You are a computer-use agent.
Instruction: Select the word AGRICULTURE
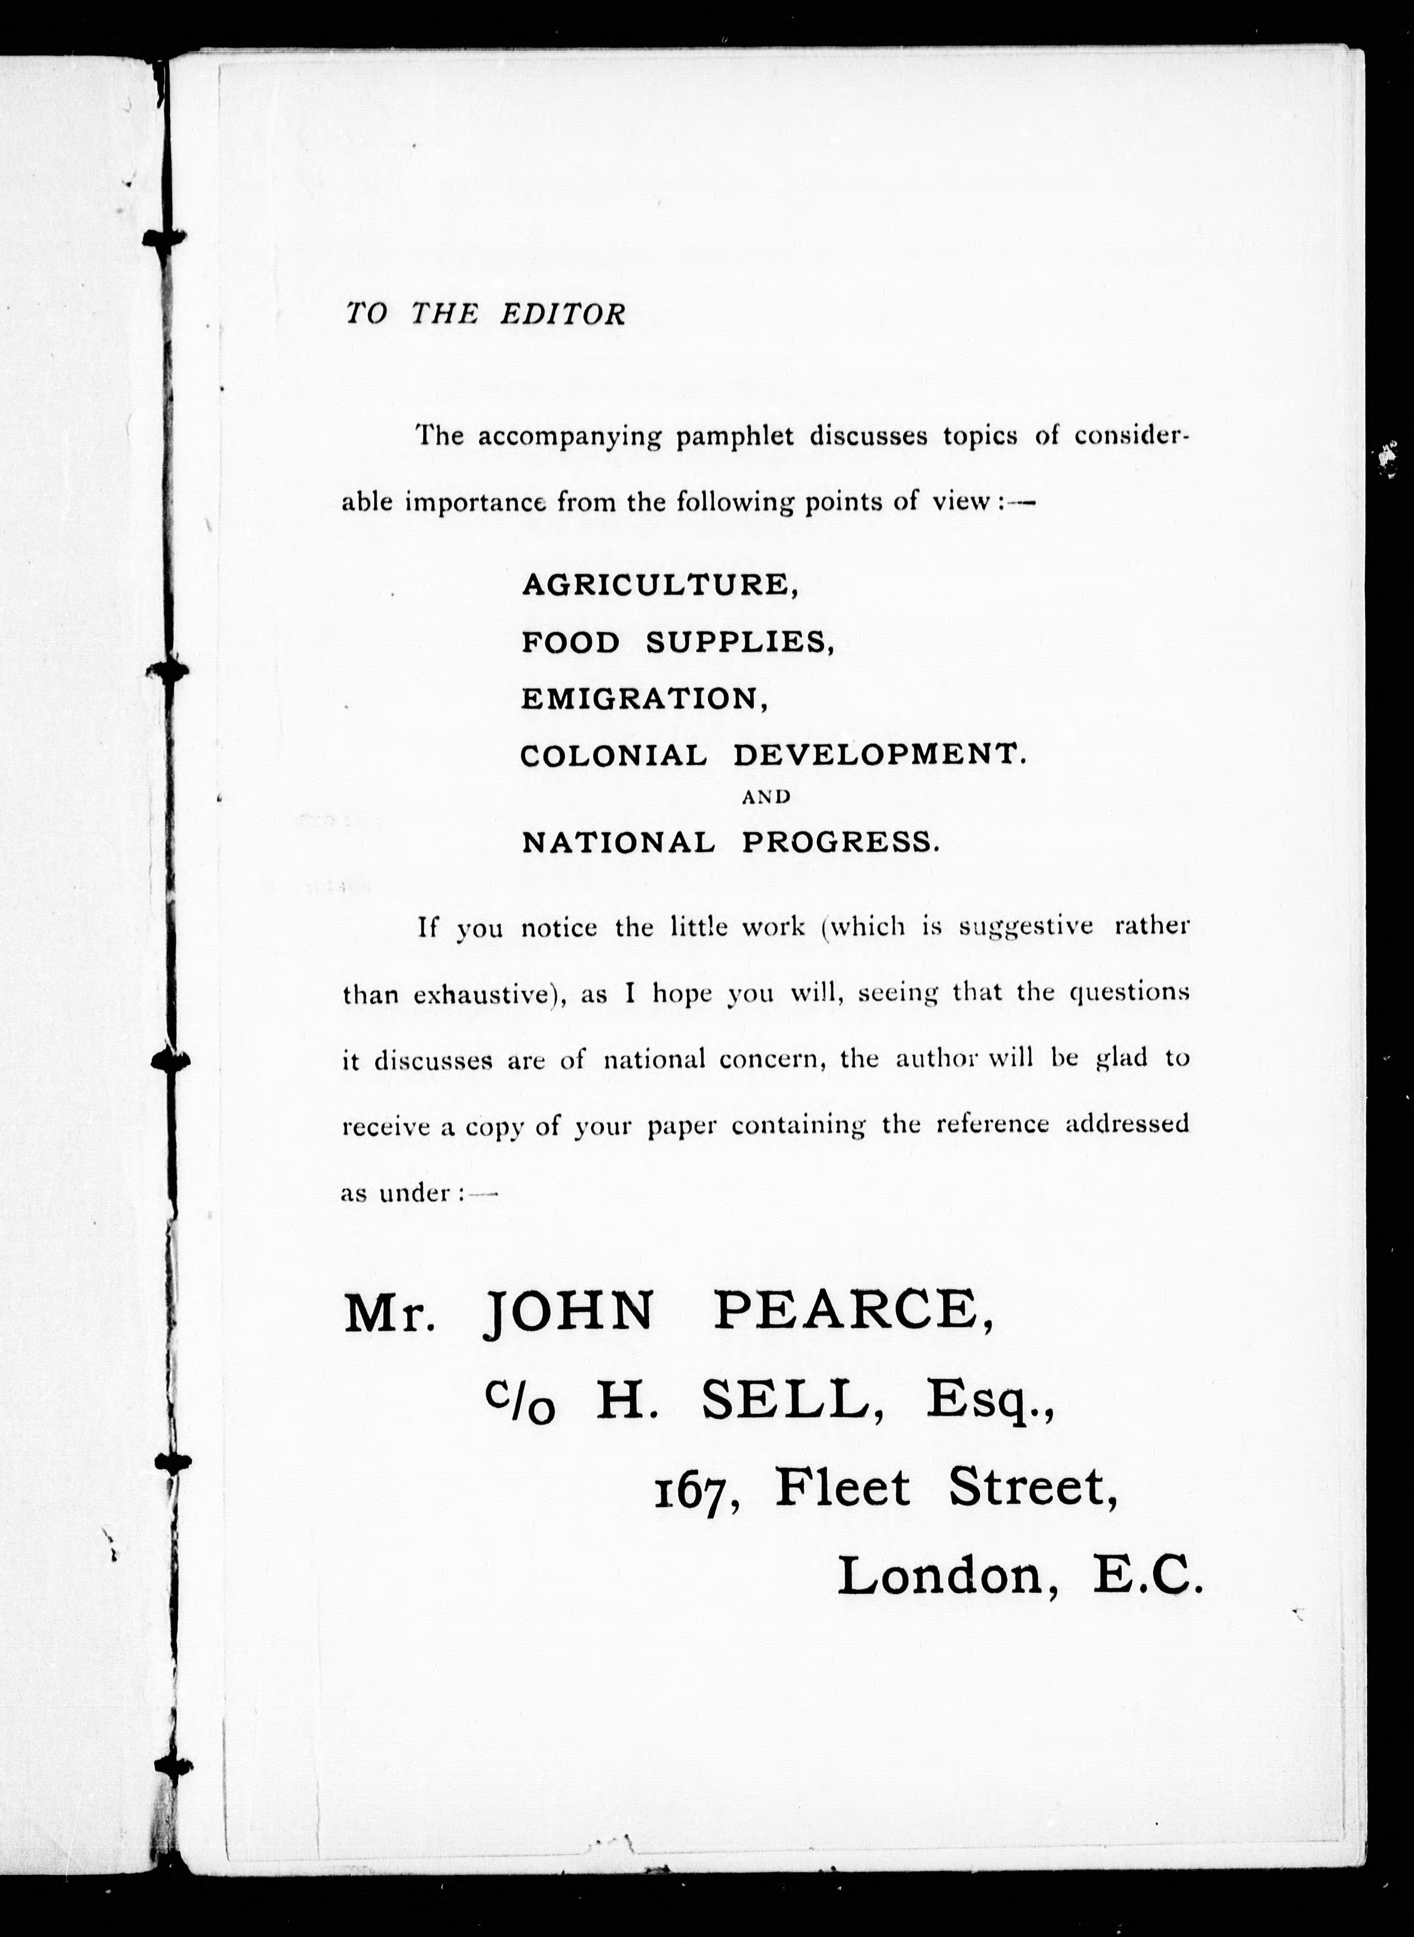[659, 585]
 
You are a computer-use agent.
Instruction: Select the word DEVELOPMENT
[878, 754]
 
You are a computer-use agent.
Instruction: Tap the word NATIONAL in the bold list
[618, 843]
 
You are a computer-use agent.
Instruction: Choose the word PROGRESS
[840, 843]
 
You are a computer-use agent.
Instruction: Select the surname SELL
[792, 1401]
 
